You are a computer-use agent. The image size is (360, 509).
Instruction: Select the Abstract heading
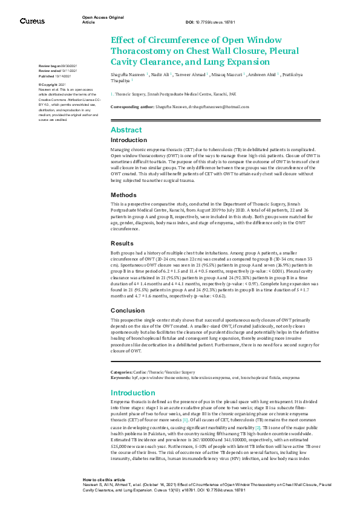pos(126,130)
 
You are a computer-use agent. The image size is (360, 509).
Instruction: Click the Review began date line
pos(58,65)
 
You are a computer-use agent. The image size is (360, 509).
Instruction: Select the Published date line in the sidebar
pos(55,77)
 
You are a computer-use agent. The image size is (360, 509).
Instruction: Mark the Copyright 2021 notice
pos(51,84)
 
